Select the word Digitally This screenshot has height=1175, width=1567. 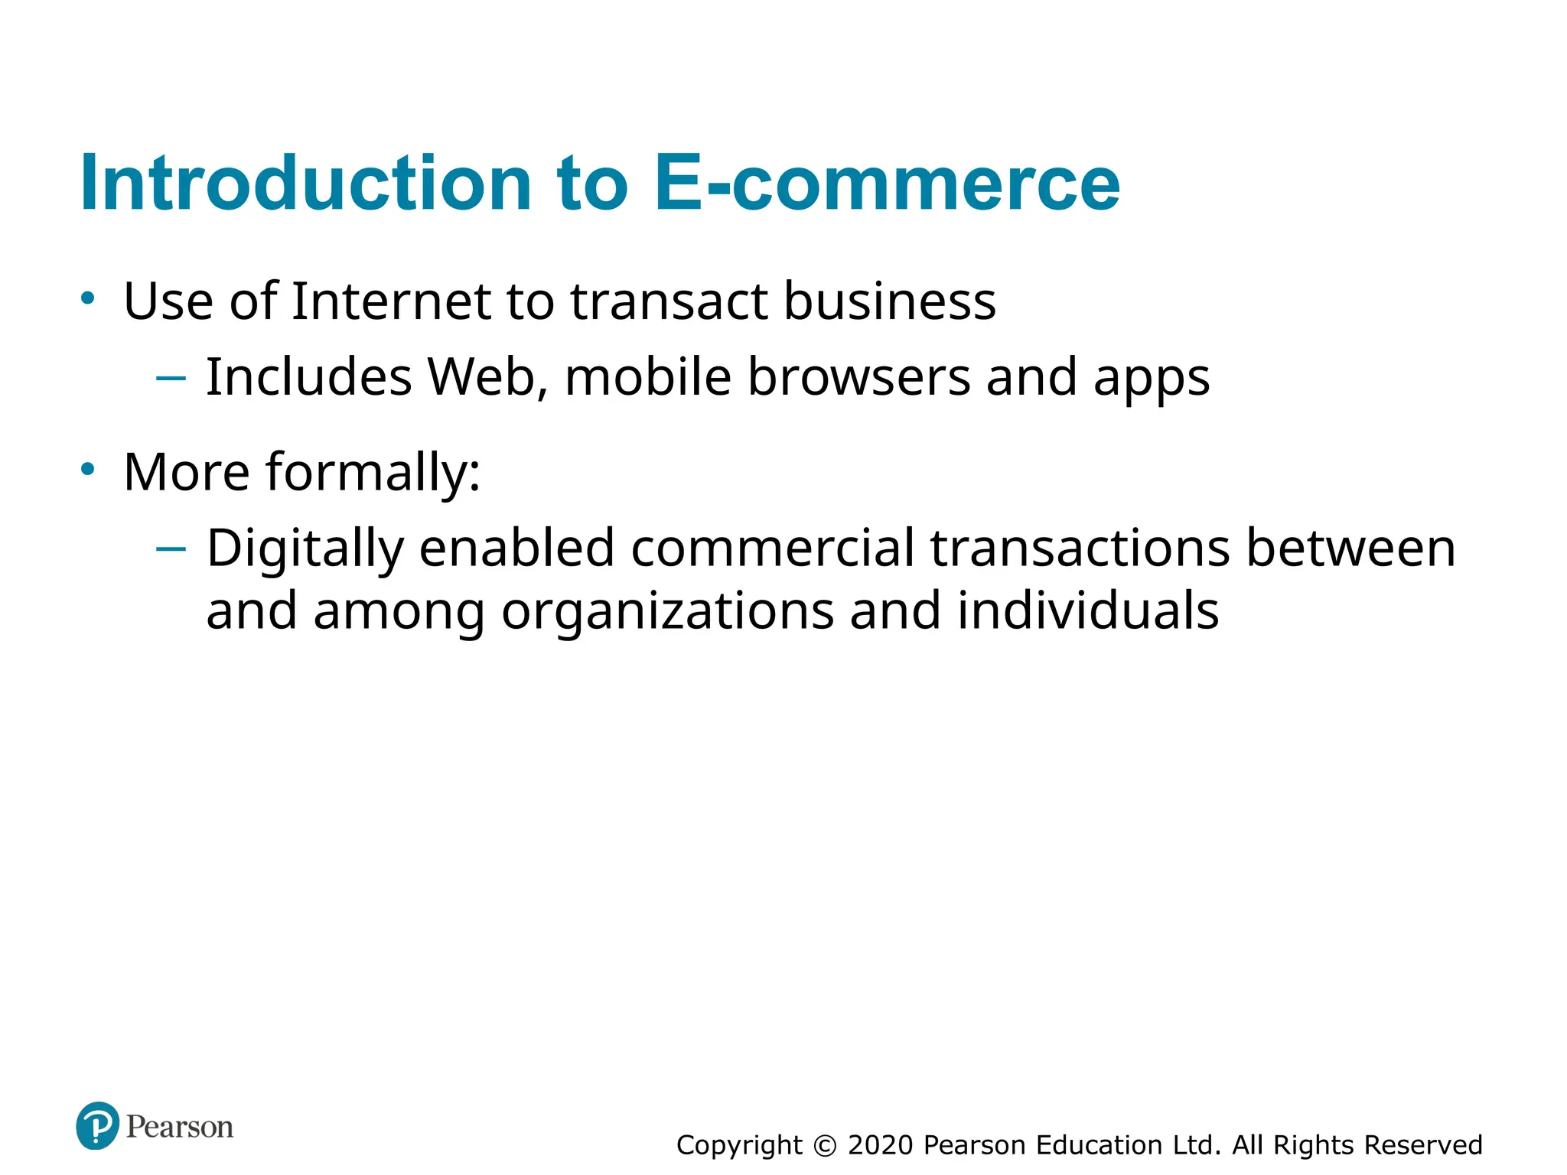[x=305, y=549]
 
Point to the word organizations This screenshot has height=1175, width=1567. [x=667, y=611]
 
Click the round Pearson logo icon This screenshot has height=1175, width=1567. [x=98, y=1126]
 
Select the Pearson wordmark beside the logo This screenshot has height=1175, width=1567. [x=180, y=1127]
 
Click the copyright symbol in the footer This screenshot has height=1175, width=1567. [x=825, y=1145]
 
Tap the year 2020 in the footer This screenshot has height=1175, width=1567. [x=881, y=1145]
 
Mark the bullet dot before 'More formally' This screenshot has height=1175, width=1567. [x=88, y=469]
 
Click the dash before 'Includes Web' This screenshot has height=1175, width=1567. [x=171, y=377]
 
